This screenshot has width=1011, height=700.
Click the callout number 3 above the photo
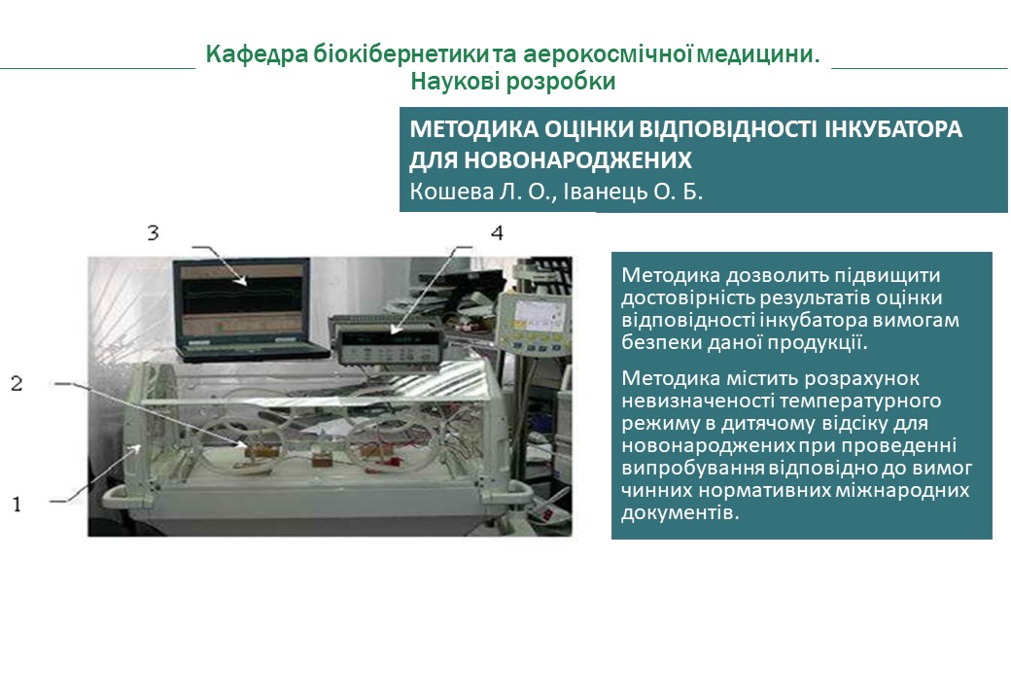[153, 232]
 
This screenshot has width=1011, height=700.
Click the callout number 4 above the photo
[497, 232]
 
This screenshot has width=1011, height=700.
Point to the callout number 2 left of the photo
[17, 383]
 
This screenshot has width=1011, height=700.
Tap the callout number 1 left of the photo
[17, 503]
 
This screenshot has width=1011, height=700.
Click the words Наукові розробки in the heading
[512, 82]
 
